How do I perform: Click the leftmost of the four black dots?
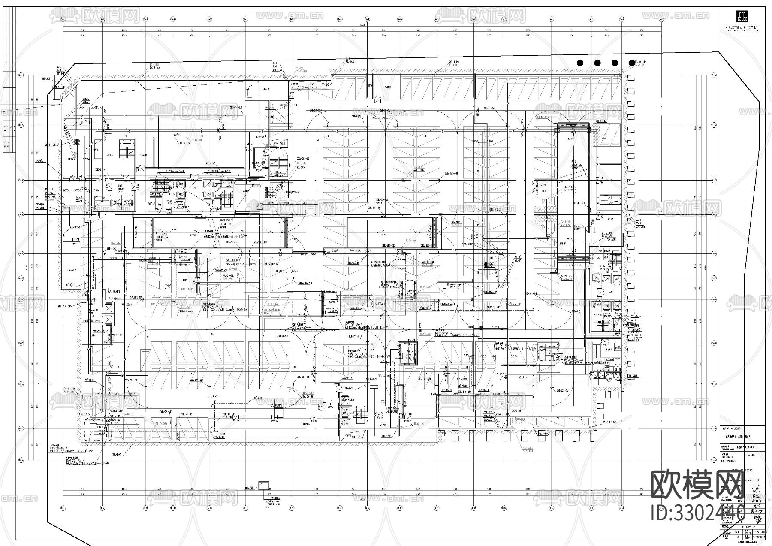(x=580, y=63)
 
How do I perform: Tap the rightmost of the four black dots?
(x=631, y=63)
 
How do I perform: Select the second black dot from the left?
(x=597, y=63)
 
